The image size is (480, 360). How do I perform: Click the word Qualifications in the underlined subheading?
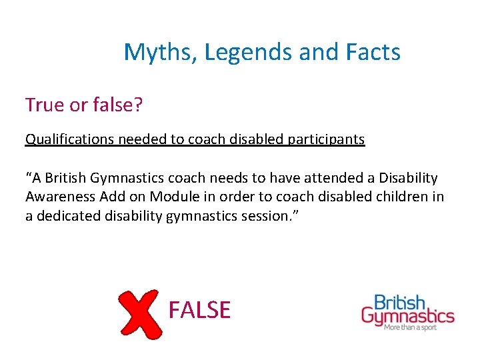tap(67, 139)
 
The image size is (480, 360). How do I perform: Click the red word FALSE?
tap(199, 310)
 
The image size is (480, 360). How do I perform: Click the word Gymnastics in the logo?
tap(408, 315)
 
